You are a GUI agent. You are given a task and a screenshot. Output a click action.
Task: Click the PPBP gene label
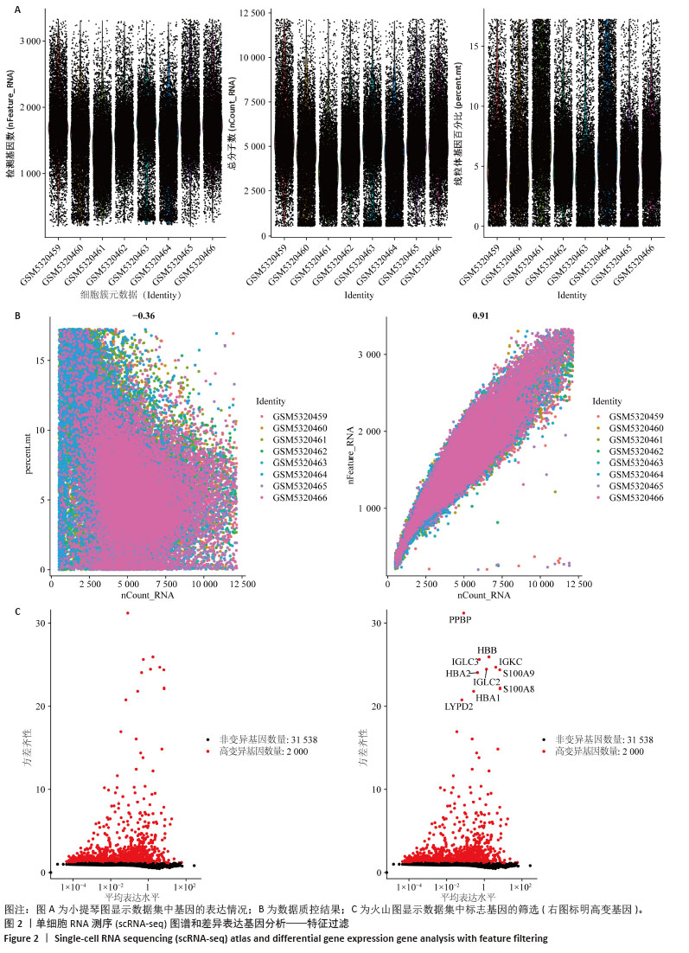point(460,619)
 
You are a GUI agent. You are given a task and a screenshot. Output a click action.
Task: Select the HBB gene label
point(488,650)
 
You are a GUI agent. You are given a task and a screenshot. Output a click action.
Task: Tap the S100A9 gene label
point(519,673)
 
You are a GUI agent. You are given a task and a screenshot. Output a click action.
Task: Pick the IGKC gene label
point(511,662)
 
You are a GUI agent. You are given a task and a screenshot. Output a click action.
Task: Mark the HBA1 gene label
point(488,697)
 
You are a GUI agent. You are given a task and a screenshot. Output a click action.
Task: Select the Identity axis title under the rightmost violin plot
point(572,295)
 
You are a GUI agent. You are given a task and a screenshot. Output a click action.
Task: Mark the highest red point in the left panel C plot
point(128,613)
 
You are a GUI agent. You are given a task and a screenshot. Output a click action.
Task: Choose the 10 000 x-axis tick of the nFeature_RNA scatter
point(541,585)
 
